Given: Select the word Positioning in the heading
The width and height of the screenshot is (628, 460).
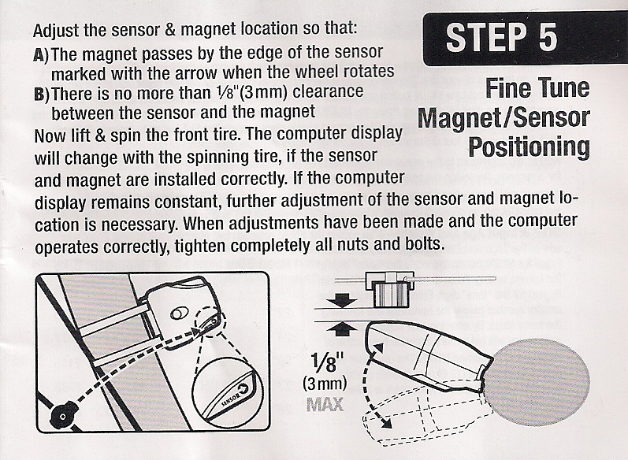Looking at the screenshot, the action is pyautogui.click(x=529, y=148).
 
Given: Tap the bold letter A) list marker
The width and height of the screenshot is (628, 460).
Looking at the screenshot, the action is pyautogui.click(x=41, y=54).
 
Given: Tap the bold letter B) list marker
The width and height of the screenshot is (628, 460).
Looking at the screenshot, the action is pyautogui.click(x=41, y=94).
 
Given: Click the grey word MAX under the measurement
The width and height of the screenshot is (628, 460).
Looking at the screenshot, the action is pyautogui.click(x=325, y=404).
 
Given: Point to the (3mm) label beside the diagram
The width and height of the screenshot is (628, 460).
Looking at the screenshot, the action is pyautogui.click(x=324, y=384).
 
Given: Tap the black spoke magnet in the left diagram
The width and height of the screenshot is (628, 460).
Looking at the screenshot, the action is pyautogui.click(x=63, y=414).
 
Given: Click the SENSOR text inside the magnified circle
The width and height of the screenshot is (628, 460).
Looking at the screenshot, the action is pyautogui.click(x=230, y=398).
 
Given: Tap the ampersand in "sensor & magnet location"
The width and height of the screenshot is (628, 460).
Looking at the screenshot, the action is pyautogui.click(x=170, y=30).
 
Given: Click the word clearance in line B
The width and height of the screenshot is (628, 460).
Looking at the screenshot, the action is pyautogui.click(x=328, y=91).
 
